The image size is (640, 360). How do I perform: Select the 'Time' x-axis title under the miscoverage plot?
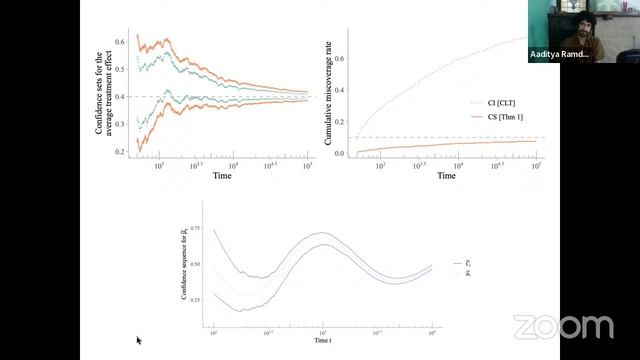tap(447, 176)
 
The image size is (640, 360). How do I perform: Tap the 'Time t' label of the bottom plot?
tap(322, 341)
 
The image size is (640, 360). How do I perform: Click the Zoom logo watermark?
tap(563, 327)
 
